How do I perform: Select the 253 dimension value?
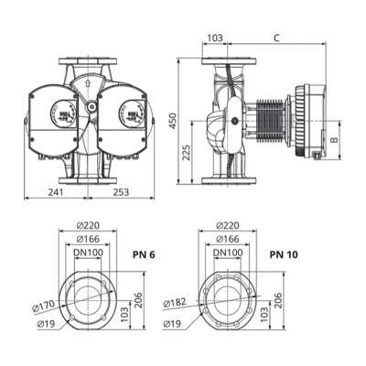tap(122, 193)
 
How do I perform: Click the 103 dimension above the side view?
tap(214, 38)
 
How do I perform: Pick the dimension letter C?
tap(277, 38)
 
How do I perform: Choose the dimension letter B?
tap(336, 141)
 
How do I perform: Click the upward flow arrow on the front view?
tap(87, 83)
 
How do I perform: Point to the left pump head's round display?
tap(64, 110)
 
